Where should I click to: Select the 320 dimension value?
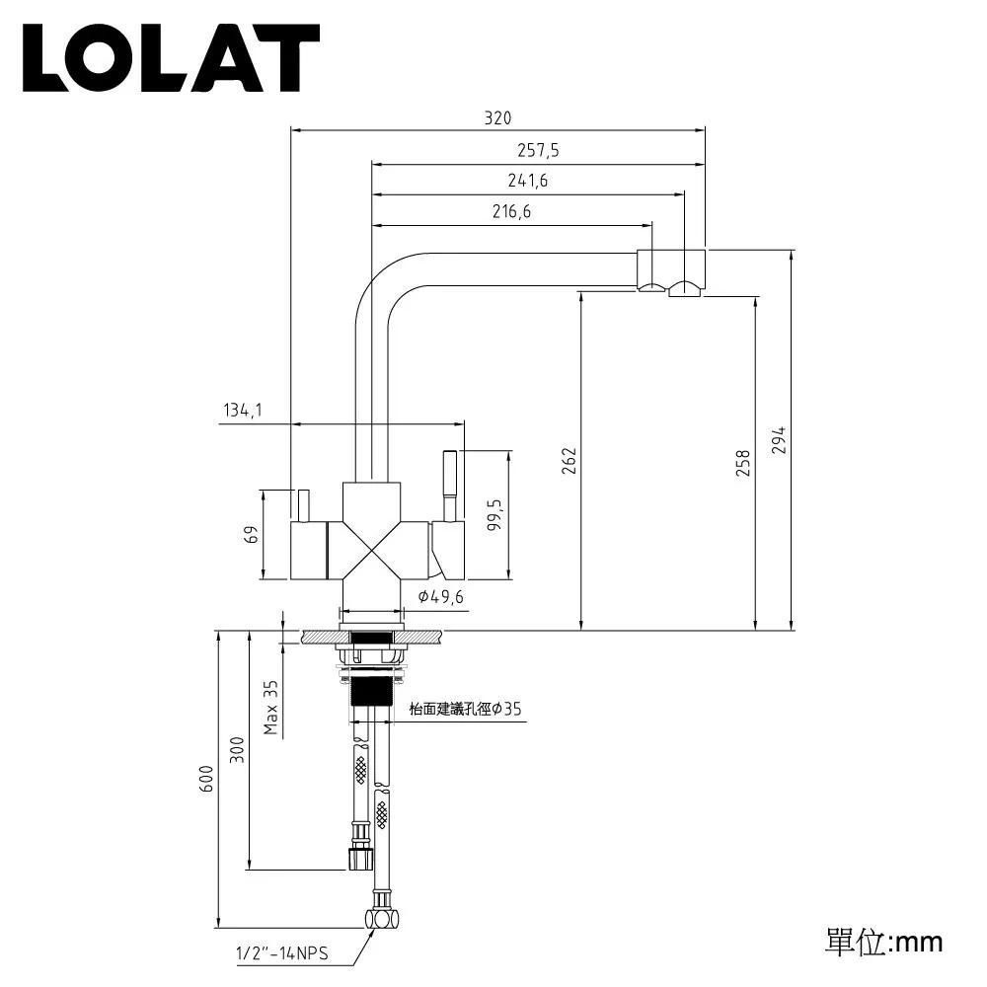[x=497, y=117]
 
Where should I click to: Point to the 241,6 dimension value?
[x=528, y=181]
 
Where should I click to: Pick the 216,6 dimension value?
[x=511, y=211]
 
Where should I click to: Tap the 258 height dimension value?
[x=743, y=463]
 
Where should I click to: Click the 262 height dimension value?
[x=569, y=461]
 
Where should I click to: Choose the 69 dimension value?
[x=251, y=534]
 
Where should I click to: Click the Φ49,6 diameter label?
[x=440, y=596]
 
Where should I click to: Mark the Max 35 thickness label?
[x=270, y=707]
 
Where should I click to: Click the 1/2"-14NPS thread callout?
[x=280, y=954]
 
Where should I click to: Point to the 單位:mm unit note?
[x=883, y=941]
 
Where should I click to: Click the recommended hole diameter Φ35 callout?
[x=465, y=709]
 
